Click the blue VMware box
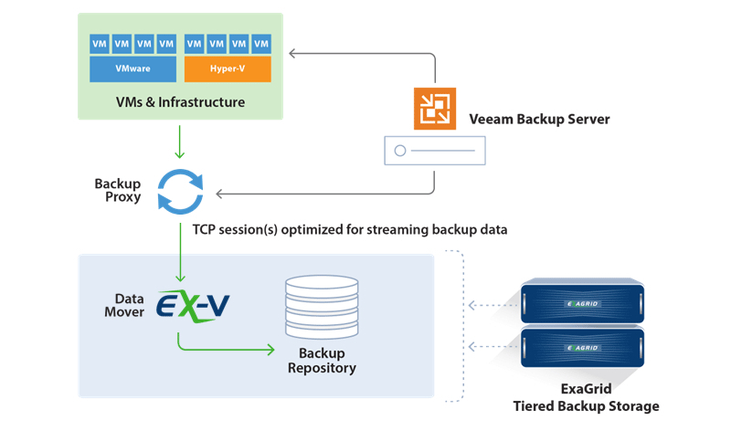(133, 68)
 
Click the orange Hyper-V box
(228, 68)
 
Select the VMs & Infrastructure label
(179, 102)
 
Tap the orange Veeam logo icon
(434, 110)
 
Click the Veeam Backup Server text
(539, 120)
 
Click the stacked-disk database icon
(321, 307)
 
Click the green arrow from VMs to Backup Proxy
(180, 142)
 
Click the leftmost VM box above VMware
(100, 43)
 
